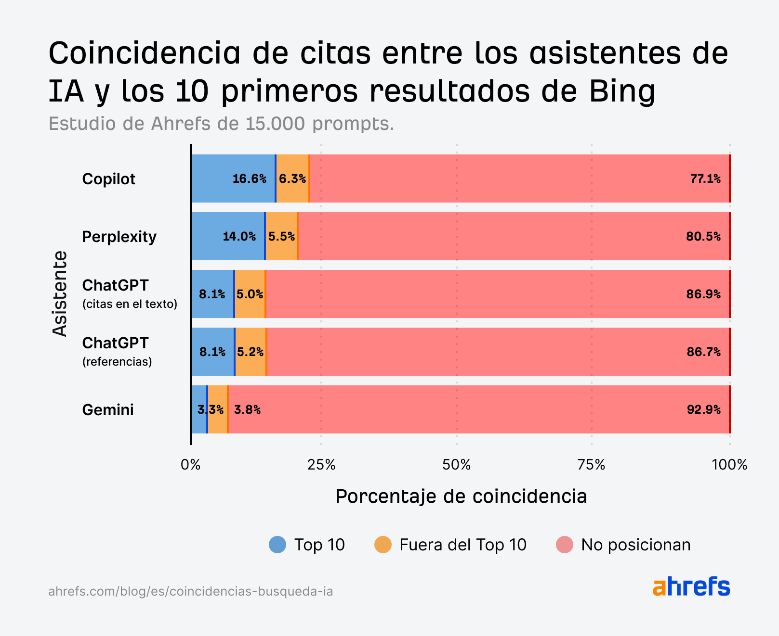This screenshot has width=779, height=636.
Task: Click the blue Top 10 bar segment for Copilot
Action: [x=212, y=178]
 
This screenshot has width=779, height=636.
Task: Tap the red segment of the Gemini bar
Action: [x=477, y=409]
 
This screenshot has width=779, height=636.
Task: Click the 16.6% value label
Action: [x=249, y=179]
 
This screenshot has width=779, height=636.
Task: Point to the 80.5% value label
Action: [x=703, y=237]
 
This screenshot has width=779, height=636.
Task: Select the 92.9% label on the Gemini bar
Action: [x=703, y=410]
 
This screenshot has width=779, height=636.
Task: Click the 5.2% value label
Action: [x=250, y=352]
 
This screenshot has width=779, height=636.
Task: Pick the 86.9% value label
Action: [x=703, y=294]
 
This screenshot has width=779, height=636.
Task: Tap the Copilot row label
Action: [x=108, y=179]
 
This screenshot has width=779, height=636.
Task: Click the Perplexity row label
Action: [x=119, y=237]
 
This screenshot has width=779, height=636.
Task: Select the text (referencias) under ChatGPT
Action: [x=117, y=362]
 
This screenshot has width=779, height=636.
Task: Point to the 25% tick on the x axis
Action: [x=321, y=465]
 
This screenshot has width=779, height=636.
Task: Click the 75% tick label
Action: [x=591, y=465]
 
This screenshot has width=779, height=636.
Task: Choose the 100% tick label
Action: [x=729, y=465]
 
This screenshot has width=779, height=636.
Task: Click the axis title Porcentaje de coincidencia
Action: [x=461, y=496]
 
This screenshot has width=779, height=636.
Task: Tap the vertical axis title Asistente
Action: [x=60, y=293]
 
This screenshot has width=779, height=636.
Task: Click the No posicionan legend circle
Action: [x=564, y=545]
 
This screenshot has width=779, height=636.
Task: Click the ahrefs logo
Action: [x=691, y=586]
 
